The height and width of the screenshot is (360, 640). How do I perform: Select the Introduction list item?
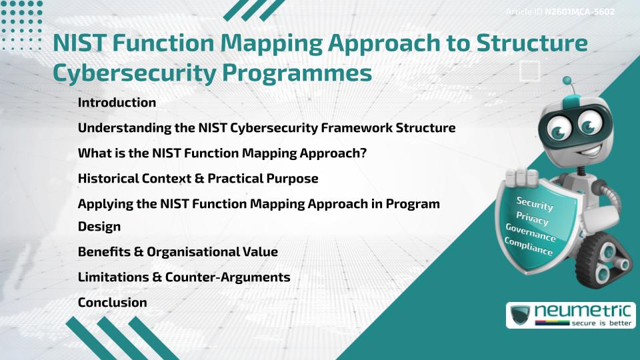[117, 103]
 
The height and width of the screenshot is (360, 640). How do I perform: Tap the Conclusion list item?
[112, 302]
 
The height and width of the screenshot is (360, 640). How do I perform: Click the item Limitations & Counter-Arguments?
[184, 277]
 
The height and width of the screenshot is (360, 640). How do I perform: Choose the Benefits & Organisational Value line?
[178, 251]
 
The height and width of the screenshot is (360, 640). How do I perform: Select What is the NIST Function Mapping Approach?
[223, 153]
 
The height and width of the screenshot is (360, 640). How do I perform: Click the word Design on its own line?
[99, 226]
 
